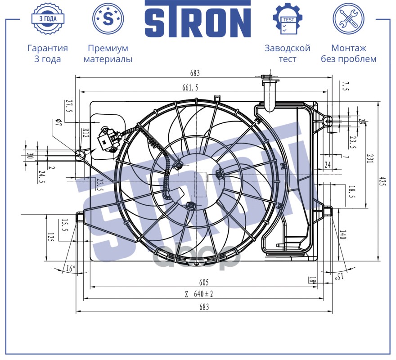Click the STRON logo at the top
click(x=198, y=19)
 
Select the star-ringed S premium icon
click(x=108, y=18)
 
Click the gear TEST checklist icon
click(x=288, y=18)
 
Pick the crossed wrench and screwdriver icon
click(x=348, y=18)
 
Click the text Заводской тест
click(x=288, y=53)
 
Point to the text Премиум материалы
click(x=108, y=53)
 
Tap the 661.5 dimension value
click(x=190, y=87)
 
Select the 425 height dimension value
click(x=383, y=181)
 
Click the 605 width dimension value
click(x=204, y=282)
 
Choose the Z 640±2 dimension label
click(x=199, y=294)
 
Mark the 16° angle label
click(x=71, y=268)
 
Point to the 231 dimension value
click(x=370, y=158)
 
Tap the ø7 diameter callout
click(x=58, y=122)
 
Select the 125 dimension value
click(x=50, y=238)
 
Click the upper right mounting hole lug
click(x=328, y=121)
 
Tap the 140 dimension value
click(x=343, y=235)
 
